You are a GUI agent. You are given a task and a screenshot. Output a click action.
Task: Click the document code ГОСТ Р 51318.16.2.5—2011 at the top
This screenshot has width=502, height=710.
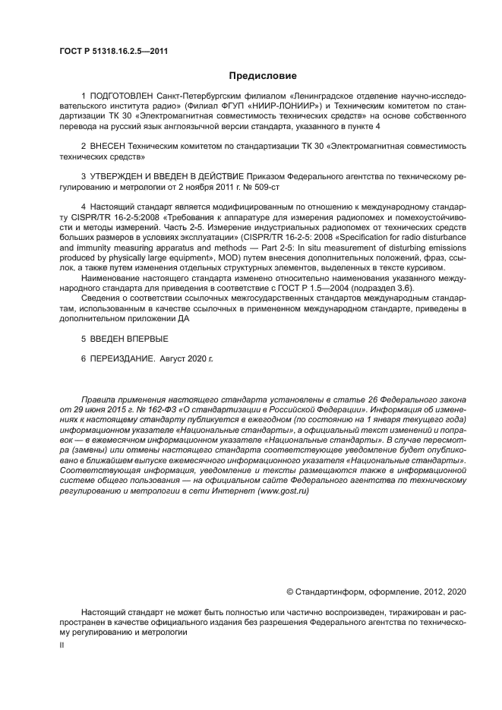(113, 52)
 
